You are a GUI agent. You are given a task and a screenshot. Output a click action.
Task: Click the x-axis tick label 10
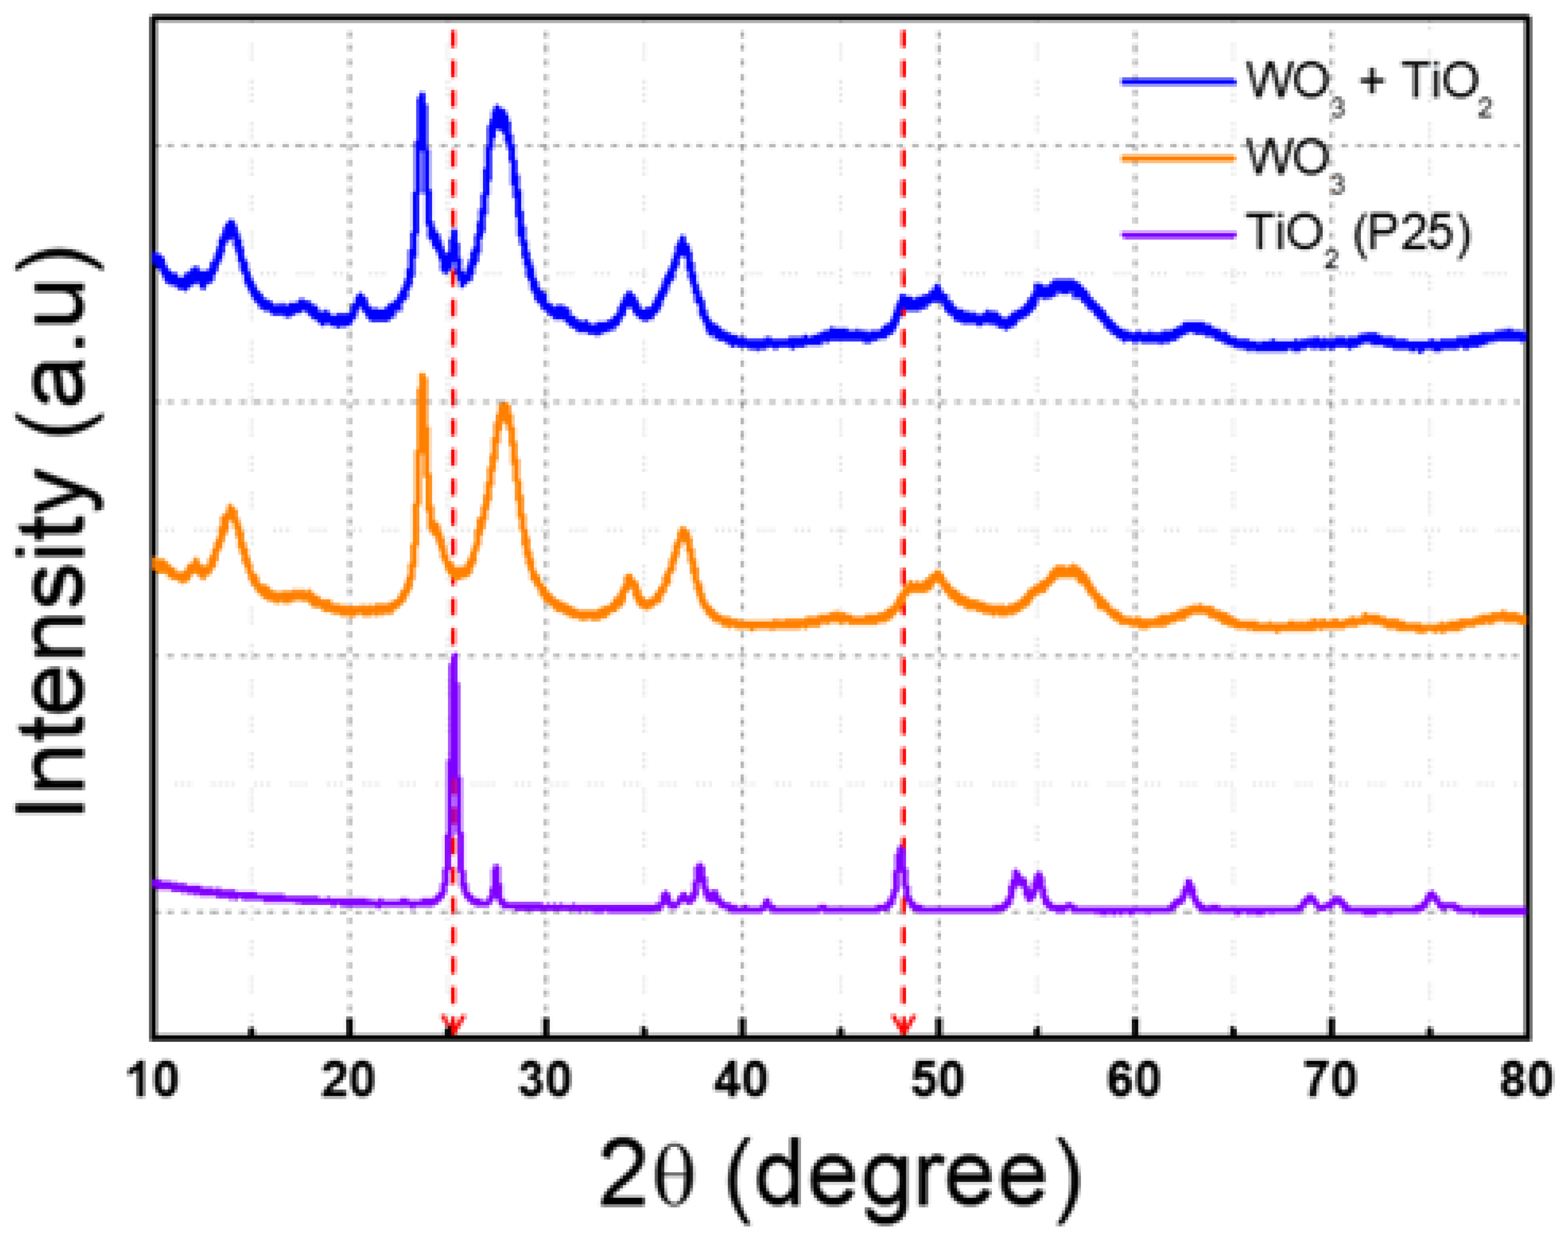(x=154, y=1080)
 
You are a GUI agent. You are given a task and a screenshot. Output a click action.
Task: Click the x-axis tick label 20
(x=349, y=1080)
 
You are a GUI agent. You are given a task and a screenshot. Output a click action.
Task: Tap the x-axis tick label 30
(x=545, y=1080)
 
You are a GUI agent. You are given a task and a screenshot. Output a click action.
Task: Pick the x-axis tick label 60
(x=1134, y=1080)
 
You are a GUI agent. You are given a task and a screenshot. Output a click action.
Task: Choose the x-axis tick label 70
(x=1330, y=1080)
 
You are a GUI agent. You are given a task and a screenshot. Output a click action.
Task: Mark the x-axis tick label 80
(x=1525, y=1080)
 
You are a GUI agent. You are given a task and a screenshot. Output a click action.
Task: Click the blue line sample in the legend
(x=1178, y=82)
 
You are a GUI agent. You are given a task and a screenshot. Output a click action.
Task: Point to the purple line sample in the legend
(x=1178, y=234)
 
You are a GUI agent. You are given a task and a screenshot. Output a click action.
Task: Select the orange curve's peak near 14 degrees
(x=231, y=509)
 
